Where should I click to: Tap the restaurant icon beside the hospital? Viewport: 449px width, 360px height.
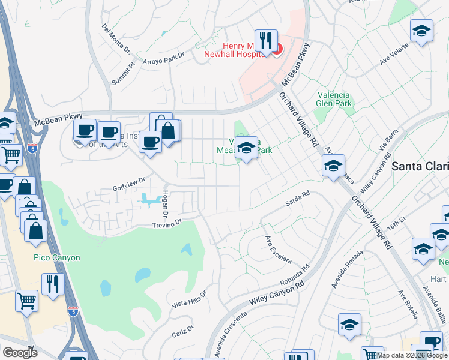click(x=266, y=41)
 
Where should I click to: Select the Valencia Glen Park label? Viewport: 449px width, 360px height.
click(x=334, y=98)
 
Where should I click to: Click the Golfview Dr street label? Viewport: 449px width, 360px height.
click(x=129, y=183)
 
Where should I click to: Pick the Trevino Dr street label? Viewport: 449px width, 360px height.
click(x=166, y=224)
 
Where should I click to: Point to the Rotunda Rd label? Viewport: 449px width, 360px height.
click(x=294, y=277)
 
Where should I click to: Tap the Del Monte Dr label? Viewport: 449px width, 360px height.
click(x=116, y=38)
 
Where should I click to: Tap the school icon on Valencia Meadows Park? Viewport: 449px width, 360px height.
click(x=246, y=148)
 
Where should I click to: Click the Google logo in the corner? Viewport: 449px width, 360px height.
click(x=19, y=352)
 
